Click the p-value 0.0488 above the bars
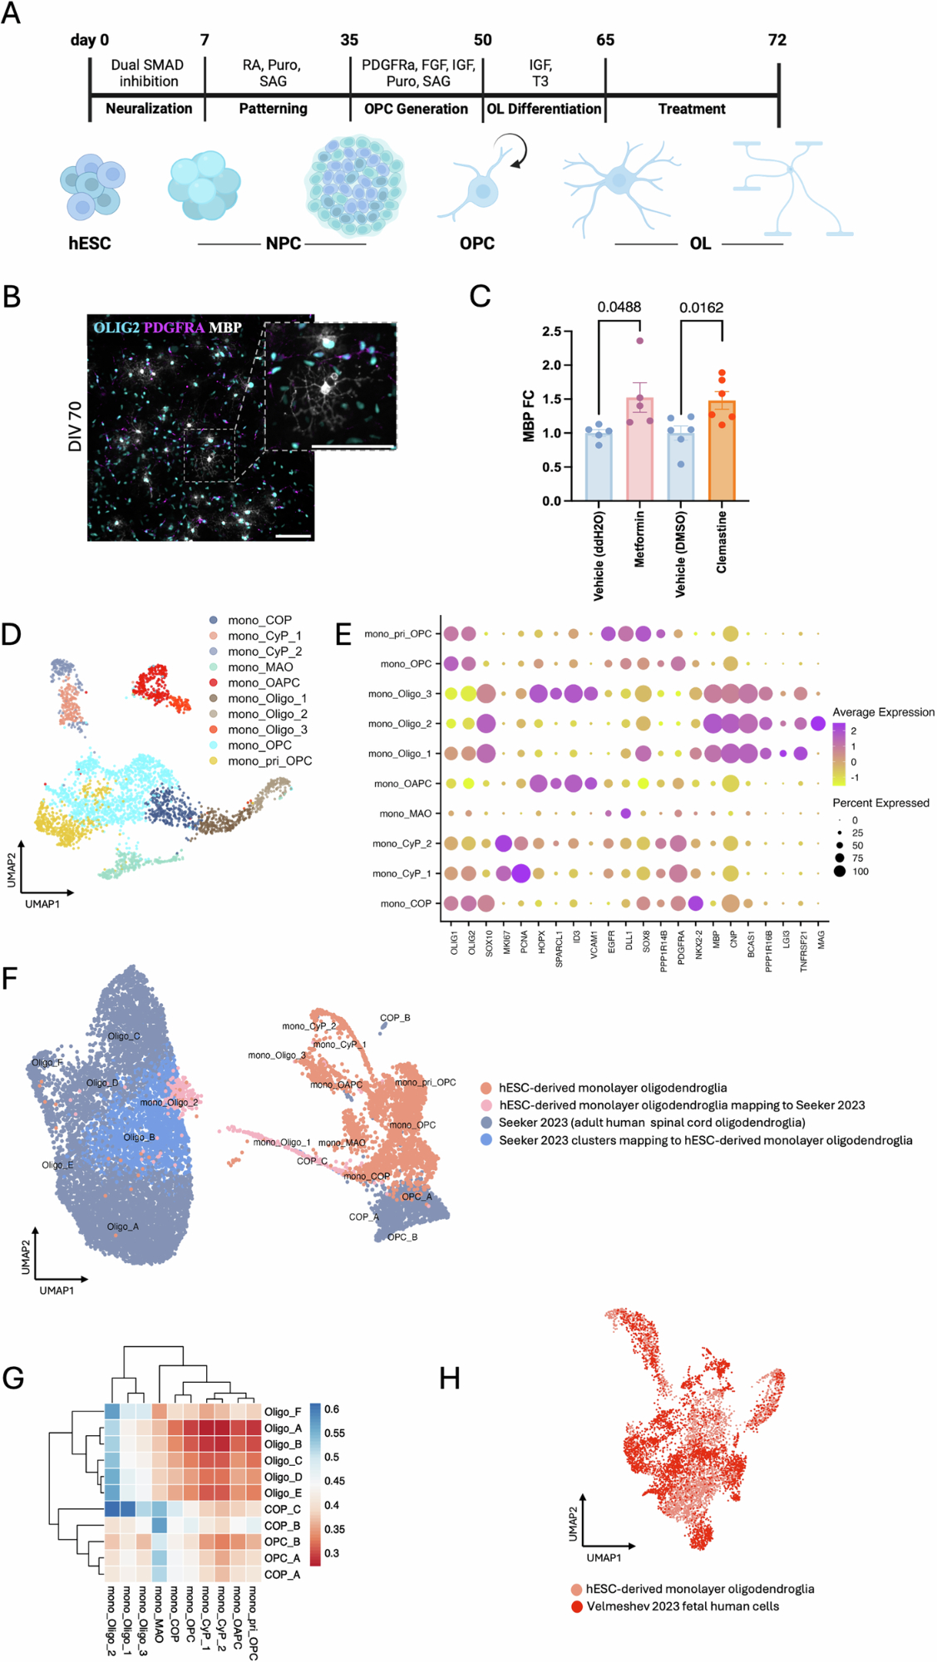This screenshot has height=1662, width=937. (619, 307)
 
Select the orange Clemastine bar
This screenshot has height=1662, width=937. (722, 453)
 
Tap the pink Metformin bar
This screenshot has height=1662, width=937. (639, 453)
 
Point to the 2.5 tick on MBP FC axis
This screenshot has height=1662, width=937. (551, 332)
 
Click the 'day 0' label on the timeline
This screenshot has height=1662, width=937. (90, 40)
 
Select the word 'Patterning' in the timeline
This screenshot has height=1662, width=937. (273, 109)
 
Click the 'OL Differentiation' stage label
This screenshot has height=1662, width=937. (544, 109)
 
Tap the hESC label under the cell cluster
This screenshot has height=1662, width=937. (89, 243)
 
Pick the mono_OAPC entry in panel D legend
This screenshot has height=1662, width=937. (264, 683)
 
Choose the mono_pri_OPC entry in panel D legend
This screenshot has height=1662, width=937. (269, 761)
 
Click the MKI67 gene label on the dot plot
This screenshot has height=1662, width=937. (506, 942)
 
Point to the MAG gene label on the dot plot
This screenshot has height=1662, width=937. (821, 939)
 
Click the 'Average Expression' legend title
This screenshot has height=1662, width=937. (883, 712)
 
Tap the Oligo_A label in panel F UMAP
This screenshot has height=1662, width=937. (122, 1227)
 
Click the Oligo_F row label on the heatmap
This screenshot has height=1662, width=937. (283, 1412)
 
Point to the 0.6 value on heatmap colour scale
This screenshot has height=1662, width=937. (332, 1409)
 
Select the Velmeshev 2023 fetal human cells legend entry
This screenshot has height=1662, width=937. (683, 1606)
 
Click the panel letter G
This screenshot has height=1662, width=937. (13, 1378)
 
